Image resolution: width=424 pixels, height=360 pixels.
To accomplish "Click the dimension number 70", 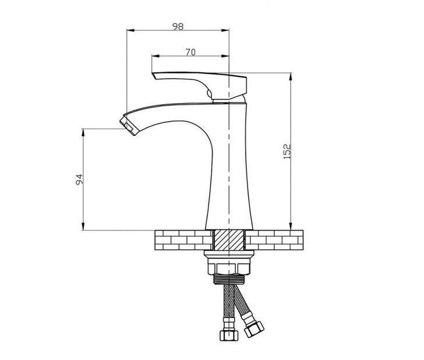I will click(x=190, y=52).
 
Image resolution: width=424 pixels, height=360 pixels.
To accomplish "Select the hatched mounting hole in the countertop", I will click(x=231, y=239).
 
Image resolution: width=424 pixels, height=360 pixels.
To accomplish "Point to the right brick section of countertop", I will click(x=276, y=239).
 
